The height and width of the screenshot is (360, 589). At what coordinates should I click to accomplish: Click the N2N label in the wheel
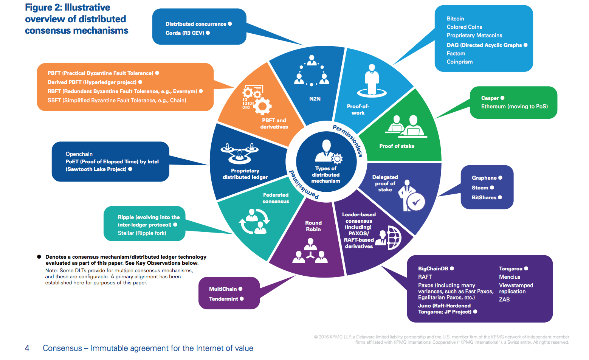[x=315, y=99]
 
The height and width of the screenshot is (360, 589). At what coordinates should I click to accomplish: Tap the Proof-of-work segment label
[x=358, y=110]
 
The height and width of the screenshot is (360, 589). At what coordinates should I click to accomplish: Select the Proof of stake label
[x=397, y=146]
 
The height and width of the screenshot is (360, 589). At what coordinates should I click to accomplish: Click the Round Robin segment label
[x=313, y=226]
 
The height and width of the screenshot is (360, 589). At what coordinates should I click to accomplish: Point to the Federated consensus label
[x=276, y=198]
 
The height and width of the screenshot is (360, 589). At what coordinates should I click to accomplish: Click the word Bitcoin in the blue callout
[x=455, y=19]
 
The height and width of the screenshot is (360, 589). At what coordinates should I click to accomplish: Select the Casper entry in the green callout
[x=490, y=98]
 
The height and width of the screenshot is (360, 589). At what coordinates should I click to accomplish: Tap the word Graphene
[x=484, y=178]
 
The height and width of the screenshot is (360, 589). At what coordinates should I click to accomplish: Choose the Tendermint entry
[x=223, y=299]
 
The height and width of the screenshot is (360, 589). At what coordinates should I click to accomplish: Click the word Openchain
[x=79, y=154]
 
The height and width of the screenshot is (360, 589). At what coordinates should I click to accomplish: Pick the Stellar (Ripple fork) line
[x=142, y=233]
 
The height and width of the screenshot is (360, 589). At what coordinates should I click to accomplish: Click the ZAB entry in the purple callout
[x=504, y=299]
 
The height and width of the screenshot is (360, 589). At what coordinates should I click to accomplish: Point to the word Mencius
[x=510, y=277]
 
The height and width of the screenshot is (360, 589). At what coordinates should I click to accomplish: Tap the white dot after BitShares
[x=500, y=197]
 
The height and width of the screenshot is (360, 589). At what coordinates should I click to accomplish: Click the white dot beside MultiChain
[x=240, y=289]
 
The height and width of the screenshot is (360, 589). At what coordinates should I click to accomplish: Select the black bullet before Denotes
[x=39, y=257]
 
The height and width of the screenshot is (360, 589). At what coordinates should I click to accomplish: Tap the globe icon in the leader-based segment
[x=394, y=238]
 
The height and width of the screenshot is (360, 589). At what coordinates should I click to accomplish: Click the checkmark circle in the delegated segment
[x=416, y=202]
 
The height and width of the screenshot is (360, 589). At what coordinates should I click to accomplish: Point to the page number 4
[x=27, y=348]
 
